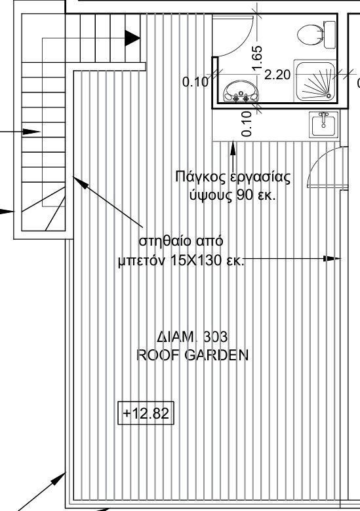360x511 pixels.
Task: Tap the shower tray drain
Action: coord(329,96)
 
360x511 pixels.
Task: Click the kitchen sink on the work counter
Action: coord(323,124)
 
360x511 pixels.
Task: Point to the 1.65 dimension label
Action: coord(257,58)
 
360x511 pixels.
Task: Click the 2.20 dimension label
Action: coord(277,75)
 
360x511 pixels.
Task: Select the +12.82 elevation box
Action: coord(146,413)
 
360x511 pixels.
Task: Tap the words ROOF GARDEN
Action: coord(192,355)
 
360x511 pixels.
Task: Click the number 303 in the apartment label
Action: coord(215,337)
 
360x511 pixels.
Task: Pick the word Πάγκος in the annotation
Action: coord(201,178)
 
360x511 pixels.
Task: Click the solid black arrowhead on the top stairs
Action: coord(132,38)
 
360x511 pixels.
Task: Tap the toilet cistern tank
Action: coord(330,34)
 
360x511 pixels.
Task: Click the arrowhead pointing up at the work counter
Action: coord(233,147)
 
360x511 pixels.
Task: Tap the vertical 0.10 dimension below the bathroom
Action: coord(247,124)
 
